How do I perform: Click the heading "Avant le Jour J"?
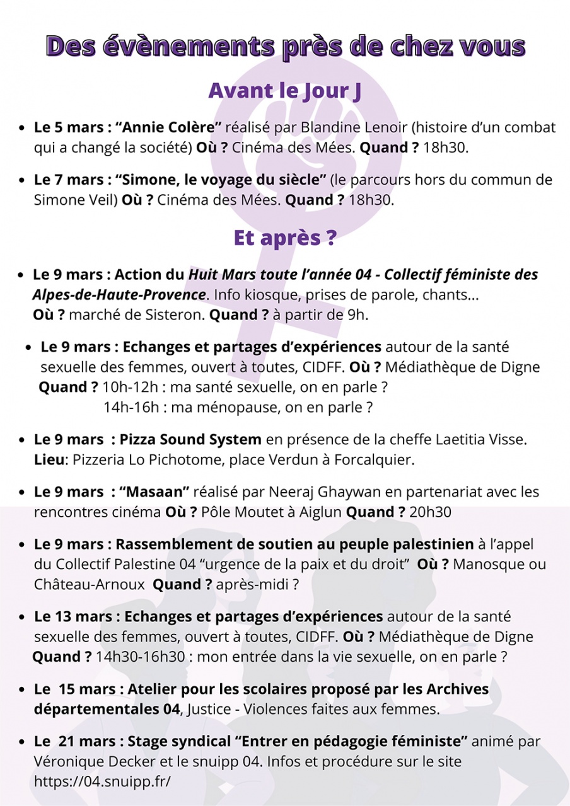285,91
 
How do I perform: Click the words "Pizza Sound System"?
190,439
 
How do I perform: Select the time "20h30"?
430,512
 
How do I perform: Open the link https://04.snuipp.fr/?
102,781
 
